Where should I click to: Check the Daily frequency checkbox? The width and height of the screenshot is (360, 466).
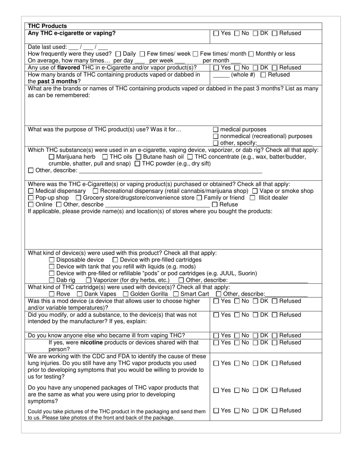tap(118, 54)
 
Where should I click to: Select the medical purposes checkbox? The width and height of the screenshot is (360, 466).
tap(216, 130)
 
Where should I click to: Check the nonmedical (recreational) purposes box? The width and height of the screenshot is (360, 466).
tap(216, 136)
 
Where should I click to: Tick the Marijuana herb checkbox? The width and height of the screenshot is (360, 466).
tap(52, 157)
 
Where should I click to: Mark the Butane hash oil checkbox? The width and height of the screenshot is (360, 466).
tap(139, 157)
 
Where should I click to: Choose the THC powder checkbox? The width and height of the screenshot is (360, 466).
tap(138, 164)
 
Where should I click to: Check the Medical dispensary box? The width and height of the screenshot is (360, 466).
tap(31, 191)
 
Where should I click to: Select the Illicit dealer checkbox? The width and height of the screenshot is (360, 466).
tap(252, 198)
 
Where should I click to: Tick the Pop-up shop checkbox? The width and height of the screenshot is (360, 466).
tap(31, 198)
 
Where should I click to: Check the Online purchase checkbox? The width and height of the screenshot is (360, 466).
tap(31, 205)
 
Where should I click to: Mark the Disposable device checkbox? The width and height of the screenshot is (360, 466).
tap(52, 260)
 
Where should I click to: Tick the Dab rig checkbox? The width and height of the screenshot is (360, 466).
tap(52, 280)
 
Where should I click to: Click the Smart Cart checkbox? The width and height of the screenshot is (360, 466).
tap(176, 294)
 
